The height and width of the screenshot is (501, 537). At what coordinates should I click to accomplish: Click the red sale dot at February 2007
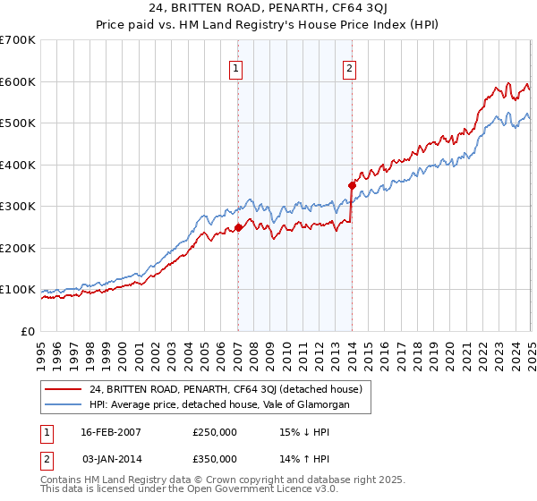tap(239, 227)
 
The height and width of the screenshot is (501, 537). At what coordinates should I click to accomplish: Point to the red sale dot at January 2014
tap(353, 185)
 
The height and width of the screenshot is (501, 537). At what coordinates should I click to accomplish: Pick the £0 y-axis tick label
tap(28, 331)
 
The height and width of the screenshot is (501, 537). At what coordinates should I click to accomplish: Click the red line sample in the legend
tap(64, 389)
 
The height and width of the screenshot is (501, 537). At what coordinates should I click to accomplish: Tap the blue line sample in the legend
tap(64, 404)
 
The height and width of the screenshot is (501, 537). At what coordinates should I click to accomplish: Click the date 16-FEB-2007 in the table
tap(111, 432)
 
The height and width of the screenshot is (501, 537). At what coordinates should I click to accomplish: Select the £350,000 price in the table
tap(215, 461)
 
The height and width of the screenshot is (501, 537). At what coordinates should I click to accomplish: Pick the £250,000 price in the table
tap(215, 432)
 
